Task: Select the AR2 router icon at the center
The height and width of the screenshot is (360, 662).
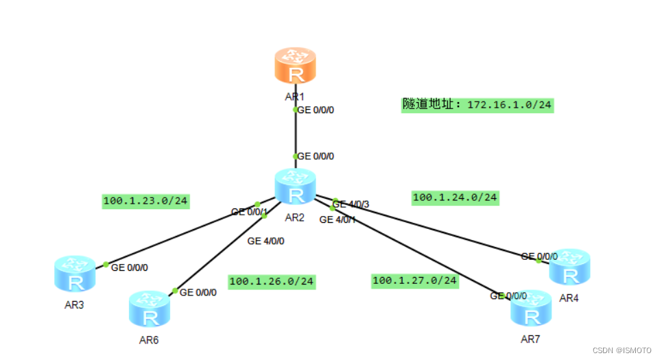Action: point(296,187)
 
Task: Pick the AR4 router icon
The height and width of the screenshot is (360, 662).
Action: point(569,266)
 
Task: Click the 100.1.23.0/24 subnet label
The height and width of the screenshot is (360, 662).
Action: point(145,202)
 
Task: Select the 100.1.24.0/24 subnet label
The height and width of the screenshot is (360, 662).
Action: point(455,197)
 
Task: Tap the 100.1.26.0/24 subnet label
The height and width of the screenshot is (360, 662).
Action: point(272,281)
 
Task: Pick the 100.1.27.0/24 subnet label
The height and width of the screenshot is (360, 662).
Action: point(415,280)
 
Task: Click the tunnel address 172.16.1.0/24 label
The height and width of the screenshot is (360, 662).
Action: point(477,105)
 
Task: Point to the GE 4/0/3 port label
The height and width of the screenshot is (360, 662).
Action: point(353,204)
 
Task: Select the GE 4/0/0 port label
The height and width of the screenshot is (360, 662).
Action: point(265,241)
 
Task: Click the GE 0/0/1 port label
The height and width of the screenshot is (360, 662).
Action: point(248,212)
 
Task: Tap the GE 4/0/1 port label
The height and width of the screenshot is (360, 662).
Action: point(338,219)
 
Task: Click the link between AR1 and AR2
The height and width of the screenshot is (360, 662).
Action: point(295,133)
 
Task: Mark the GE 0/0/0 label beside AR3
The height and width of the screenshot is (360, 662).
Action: point(130,267)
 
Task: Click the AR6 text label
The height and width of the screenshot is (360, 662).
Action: point(148,339)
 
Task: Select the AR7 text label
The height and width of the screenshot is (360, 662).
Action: point(531,339)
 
